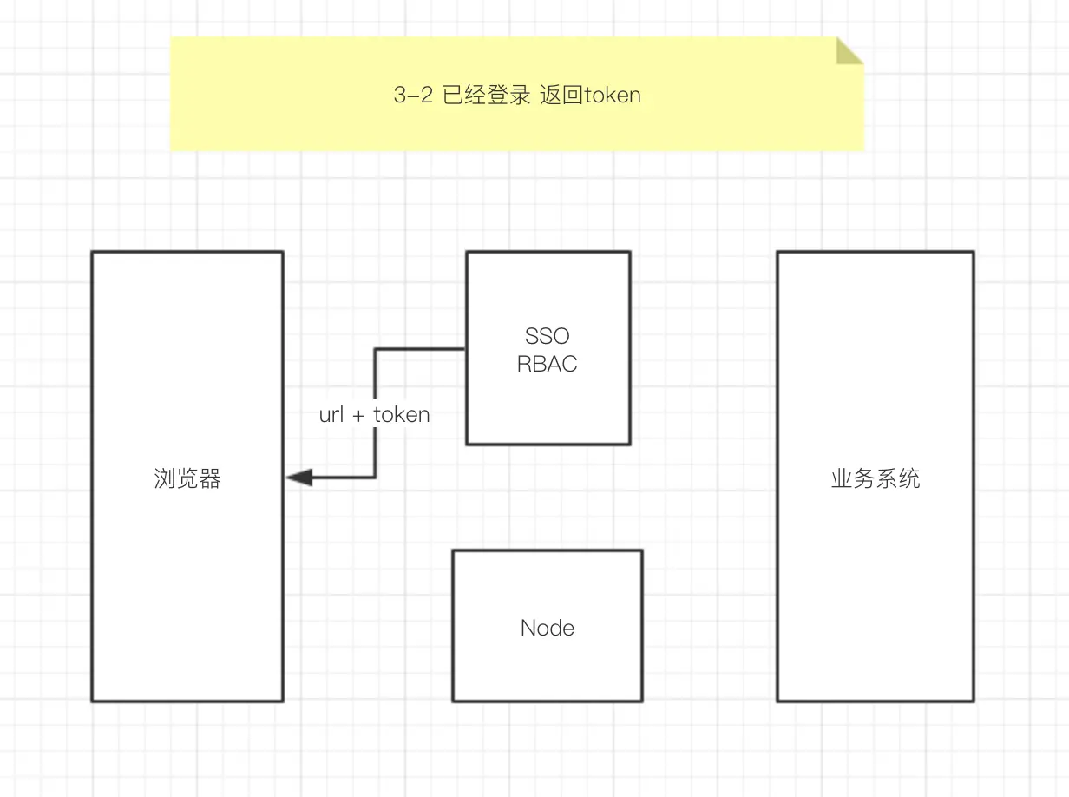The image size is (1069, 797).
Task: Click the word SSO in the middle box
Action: [547, 336]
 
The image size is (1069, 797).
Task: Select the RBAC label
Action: [547, 364]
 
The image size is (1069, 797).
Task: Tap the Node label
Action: [548, 628]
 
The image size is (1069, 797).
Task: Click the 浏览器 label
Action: [187, 478]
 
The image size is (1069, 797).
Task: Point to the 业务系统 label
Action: [876, 478]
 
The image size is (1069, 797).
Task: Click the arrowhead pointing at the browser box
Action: [298, 478]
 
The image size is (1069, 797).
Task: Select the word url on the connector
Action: [331, 414]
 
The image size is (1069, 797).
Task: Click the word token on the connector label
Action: [402, 414]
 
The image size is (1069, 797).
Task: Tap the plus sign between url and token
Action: [358, 415]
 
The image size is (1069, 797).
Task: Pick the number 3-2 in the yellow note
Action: [413, 95]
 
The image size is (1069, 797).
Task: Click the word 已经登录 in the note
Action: [486, 95]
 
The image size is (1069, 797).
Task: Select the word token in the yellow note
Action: [613, 95]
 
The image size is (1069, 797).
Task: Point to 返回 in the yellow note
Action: [561, 95]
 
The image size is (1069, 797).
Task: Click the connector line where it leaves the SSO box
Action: [464, 349]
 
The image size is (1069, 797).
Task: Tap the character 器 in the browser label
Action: [210, 478]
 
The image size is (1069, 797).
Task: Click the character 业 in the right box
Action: [842, 478]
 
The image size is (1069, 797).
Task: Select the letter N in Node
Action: [528, 628]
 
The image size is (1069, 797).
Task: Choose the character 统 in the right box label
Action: [909, 478]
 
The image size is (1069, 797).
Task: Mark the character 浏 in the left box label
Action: [165, 478]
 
